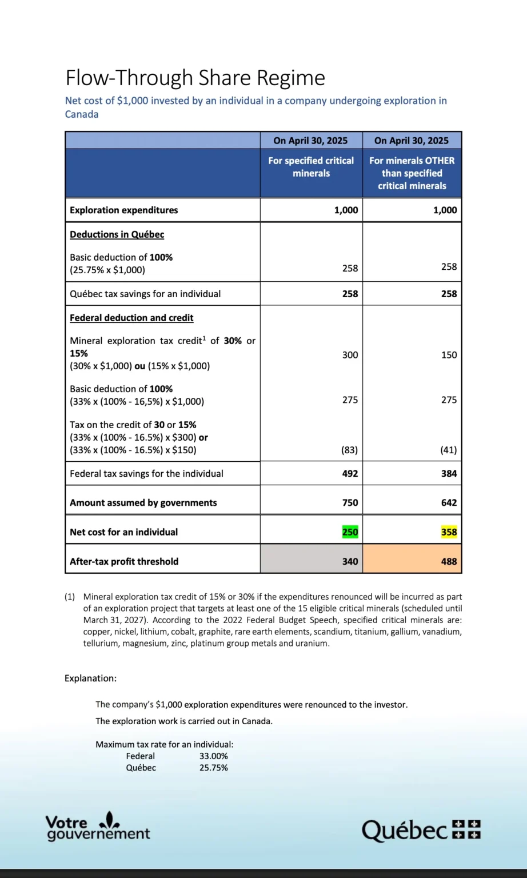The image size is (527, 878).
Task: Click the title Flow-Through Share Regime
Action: (x=195, y=78)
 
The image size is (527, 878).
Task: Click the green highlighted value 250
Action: (x=350, y=532)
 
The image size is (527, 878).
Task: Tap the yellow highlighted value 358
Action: (x=449, y=532)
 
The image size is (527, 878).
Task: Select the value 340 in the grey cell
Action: (x=350, y=561)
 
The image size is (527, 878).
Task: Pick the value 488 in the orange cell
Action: (x=449, y=561)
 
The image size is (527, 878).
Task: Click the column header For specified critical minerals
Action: (x=311, y=167)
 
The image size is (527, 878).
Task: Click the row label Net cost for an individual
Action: (x=123, y=532)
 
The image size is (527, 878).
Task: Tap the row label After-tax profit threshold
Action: (x=124, y=561)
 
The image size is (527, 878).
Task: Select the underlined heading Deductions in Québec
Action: (x=117, y=234)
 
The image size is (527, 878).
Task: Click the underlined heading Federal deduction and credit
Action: (x=131, y=318)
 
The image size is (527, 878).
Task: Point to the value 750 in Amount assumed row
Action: (x=350, y=503)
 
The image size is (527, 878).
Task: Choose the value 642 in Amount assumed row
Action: (x=449, y=503)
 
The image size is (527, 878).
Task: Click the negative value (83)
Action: (x=349, y=450)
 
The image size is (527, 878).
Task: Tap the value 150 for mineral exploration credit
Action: (x=449, y=355)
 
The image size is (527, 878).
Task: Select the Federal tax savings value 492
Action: (x=350, y=473)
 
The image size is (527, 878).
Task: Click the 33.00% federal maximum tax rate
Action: (x=213, y=756)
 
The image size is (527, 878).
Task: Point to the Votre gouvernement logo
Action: (x=97, y=827)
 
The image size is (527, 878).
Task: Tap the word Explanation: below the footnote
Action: (x=90, y=679)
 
